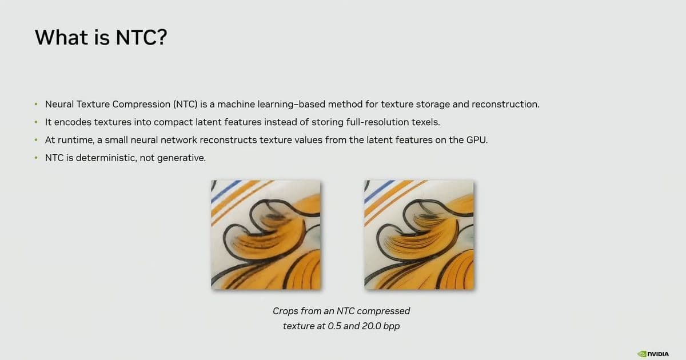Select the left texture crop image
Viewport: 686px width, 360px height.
tap(266, 234)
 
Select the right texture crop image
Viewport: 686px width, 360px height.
tap(418, 234)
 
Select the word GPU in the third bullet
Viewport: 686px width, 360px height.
tap(477, 140)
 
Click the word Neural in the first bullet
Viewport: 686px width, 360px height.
tap(59, 105)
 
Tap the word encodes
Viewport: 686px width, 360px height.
tap(71, 122)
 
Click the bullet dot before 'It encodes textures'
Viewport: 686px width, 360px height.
tap(35, 122)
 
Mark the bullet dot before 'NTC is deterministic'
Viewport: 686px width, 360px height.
tap(35, 158)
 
